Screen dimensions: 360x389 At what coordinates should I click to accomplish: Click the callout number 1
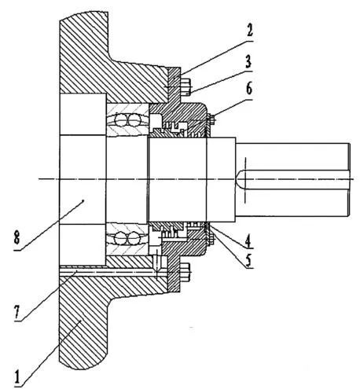point(17,377)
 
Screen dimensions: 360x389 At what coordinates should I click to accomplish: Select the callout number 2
point(249,30)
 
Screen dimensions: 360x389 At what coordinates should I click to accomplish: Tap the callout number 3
point(248,61)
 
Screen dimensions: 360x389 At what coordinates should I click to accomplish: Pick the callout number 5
point(248,260)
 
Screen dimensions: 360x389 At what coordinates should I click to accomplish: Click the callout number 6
point(249,89)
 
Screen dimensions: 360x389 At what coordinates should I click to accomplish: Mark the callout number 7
point(17,313)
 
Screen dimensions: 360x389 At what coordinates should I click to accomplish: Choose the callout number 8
point(17,238)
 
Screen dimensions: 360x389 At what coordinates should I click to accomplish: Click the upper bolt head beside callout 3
point(186,86)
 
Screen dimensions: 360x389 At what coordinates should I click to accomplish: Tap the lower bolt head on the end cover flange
point(186,273)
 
